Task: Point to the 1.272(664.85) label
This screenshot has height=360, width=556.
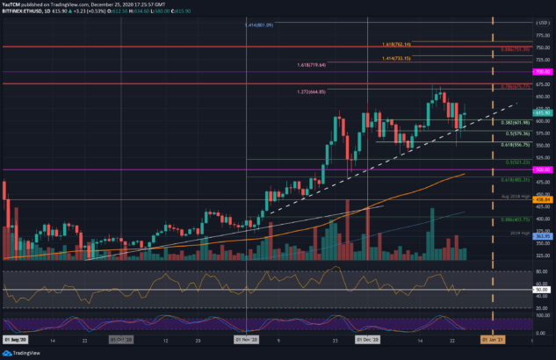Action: pos(312,91)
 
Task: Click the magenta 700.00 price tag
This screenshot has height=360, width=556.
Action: pos(542,70)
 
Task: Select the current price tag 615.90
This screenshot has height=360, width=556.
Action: pos(542,112)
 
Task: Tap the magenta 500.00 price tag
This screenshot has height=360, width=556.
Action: pos(542,169)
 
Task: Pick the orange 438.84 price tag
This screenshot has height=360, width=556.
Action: pos(542,199)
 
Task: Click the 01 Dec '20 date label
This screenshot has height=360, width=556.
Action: pos(367,338)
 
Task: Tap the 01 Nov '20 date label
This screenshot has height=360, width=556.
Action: pos(247,338)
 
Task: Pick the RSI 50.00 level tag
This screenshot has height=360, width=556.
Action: pos(542,289)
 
